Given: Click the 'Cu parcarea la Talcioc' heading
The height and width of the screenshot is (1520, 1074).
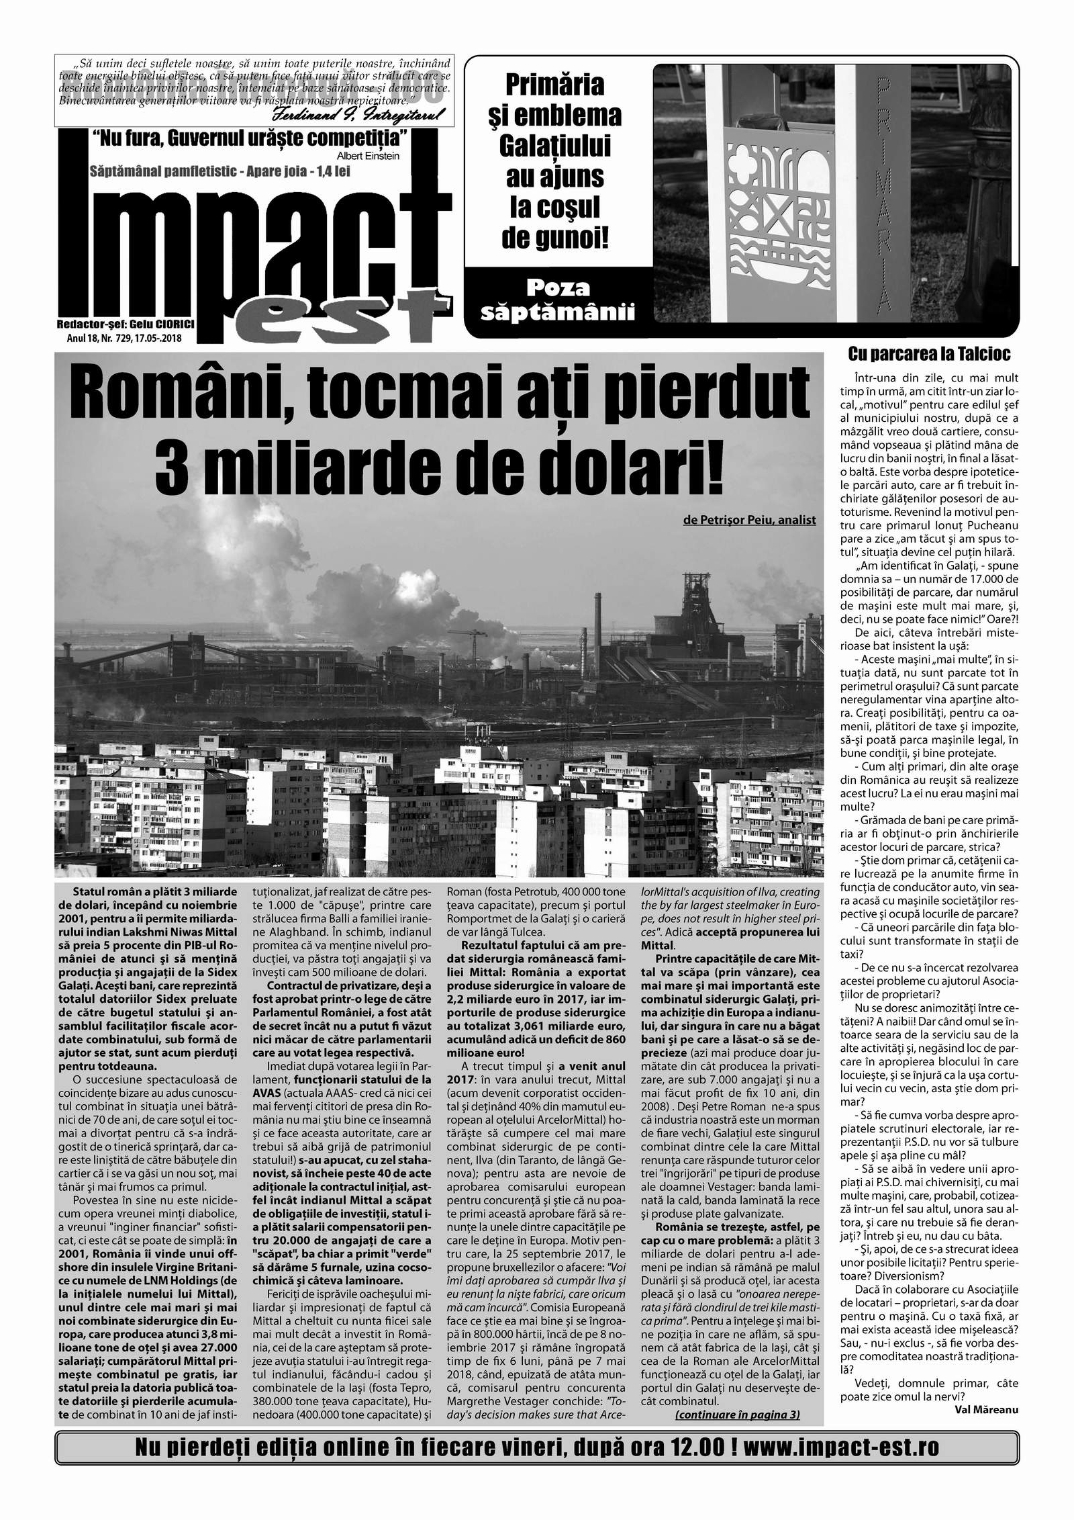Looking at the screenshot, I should coord(929,353).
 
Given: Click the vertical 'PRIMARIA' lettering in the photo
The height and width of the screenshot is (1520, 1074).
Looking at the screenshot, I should coord(884,195).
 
